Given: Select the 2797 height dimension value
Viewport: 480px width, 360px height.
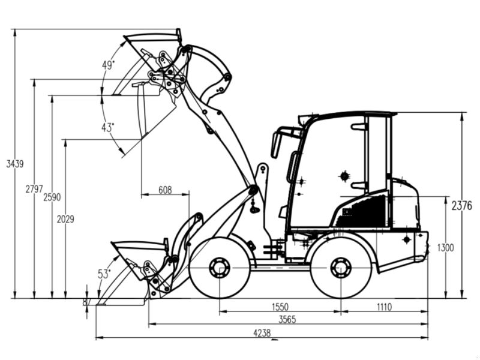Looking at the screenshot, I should [x=34, y=189].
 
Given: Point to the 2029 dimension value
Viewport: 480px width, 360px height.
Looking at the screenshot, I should [x=65, y=220].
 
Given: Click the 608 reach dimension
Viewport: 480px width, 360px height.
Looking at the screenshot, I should [x=165, y=190].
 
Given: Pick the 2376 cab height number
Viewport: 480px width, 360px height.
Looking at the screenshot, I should [x=461, y=206].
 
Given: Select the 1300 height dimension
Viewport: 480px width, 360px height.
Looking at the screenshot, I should [x=445, y=248].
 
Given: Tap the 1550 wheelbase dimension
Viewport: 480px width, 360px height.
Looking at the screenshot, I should [x=279, y=307].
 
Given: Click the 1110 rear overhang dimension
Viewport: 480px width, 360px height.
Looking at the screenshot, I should [x=384, y=307].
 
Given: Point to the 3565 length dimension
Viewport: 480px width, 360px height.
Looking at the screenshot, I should [x=288, y=319].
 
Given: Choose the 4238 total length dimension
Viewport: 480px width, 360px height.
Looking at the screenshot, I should [x=262, y=334].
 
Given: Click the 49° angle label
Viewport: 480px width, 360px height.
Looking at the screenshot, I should [x=108, y=66].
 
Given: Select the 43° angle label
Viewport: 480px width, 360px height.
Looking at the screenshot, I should [x=108, y=127].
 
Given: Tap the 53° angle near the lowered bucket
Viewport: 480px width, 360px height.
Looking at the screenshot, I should [x=104, y=274].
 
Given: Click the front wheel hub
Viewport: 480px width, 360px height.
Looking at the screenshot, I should [x=219, y=268].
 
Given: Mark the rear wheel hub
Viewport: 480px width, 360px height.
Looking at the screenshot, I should [x=341, y=268].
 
